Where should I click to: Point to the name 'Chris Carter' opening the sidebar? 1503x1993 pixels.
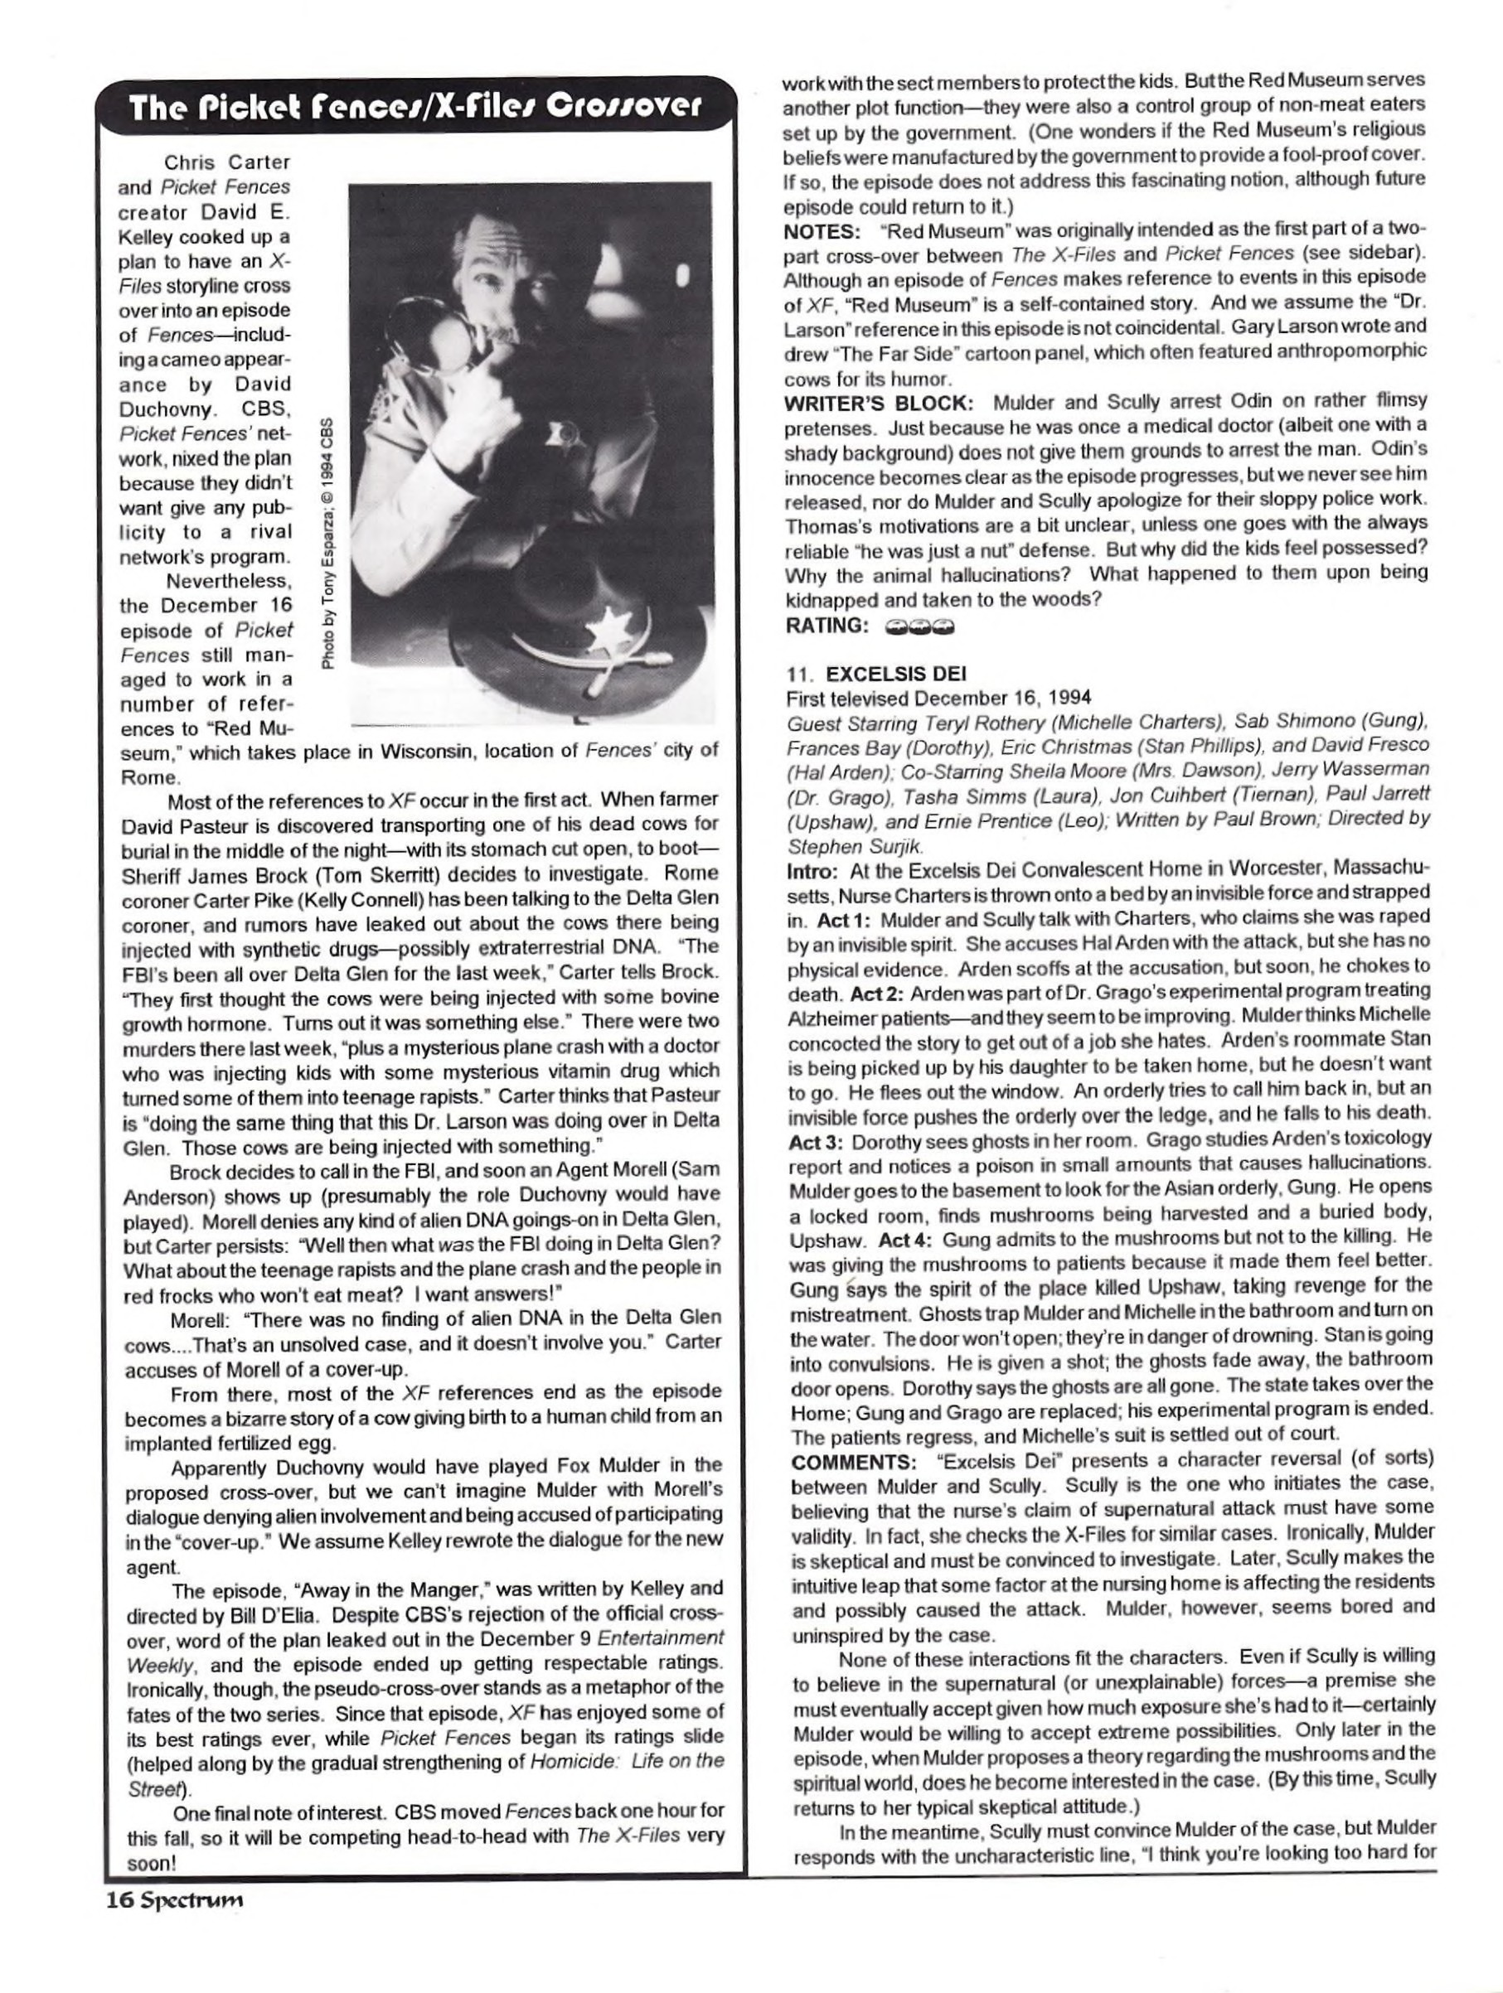[x=227, y=162]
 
